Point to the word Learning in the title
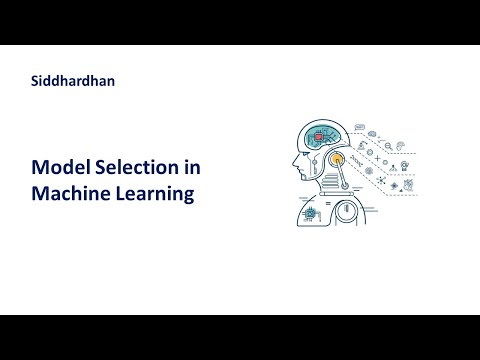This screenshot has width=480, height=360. point(157,194)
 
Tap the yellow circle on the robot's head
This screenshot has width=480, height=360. point(337,159)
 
